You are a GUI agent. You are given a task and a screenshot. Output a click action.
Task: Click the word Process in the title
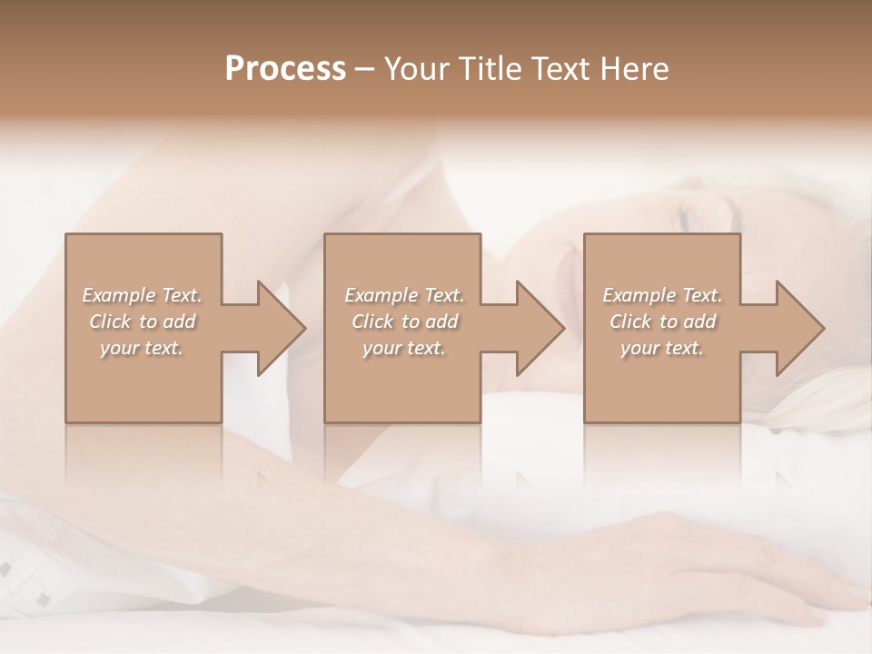pyautogui.click(x=285, y=68)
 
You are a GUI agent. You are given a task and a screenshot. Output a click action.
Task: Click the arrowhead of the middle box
pyautogui.click(x=540, y=328)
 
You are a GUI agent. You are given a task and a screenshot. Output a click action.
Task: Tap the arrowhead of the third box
pyautogui.click(x=799, y=328)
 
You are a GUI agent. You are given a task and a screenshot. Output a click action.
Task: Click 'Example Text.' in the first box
pyautogui.click(x=142, y=295)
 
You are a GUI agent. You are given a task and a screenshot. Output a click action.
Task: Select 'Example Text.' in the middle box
pyautogui.click(x=403, y=295)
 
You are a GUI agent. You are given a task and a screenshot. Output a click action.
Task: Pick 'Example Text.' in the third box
pyautogui.click(x=662, y=295)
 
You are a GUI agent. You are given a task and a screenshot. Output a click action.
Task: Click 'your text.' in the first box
pyautogui.click(x=142, y=348)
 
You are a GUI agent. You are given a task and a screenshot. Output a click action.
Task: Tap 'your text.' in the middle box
pyautogui.click(x=403, y=348)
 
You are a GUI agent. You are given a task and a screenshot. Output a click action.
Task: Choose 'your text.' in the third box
pyautogui.click(x=662, y=348)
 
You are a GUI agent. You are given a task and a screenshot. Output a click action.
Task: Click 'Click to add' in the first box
pyautogui.click(x=142, y=322)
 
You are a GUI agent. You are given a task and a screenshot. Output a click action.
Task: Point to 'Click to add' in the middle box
pyautogui.click(x=403, y=322)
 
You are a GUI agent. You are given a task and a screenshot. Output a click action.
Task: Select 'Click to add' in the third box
pyautogui.click(x=662, y=322)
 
